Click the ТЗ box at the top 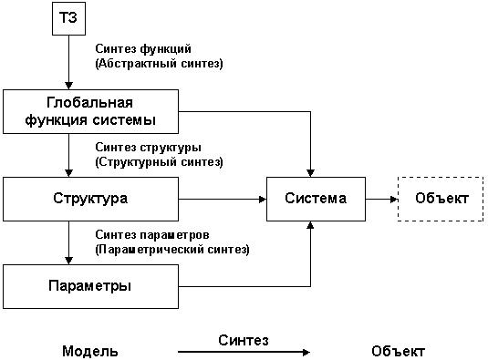pyautogui.click(x=69, y=19)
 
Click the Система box pyautogui.click(x=316, y=198)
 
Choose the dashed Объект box pyautogui.click(x=441, y=198)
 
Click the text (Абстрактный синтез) pyautogui.click(x=159, y=64)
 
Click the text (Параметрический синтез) pyautogui.click(x=171, y=249)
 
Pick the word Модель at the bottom pyautogui.click(x=89, y=351)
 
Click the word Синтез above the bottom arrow pyautogui.click(x=244, y=339)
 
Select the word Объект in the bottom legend pyautogui.click(x=399, y=351)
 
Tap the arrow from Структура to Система pyautogui.click(x=220, y=198)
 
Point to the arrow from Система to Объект pyautogui.click(x=380, y=198)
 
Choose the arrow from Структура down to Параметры pyautogui.click(x=69, y=242)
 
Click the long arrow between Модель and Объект pyautogui.click(x=244, y=351)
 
